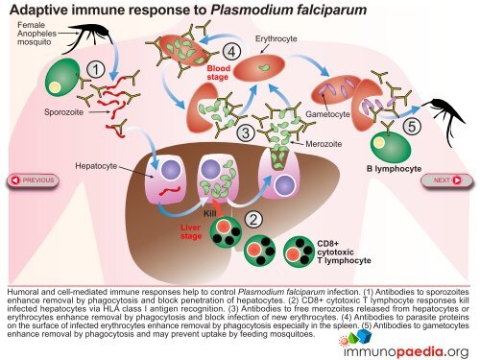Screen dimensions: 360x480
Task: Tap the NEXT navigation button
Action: coord(446,180)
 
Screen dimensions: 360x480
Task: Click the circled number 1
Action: coord(96,69)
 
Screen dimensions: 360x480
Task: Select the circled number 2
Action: coord(252,218)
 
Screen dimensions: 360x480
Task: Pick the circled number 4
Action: coord(230,50)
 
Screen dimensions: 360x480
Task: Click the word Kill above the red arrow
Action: coord(211,210)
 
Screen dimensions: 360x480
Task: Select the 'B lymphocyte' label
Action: coord(394,170)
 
